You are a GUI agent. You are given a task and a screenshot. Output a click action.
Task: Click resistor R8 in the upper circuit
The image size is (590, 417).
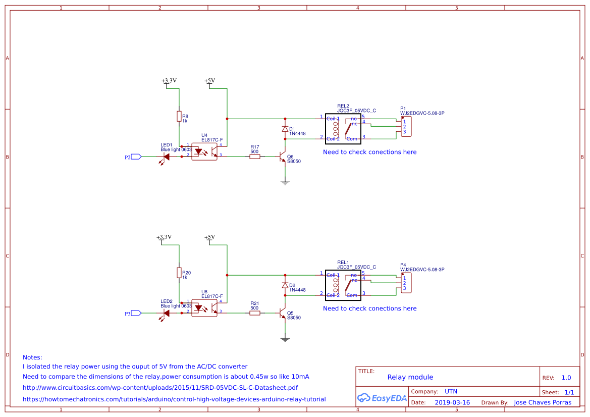tap(179, 117)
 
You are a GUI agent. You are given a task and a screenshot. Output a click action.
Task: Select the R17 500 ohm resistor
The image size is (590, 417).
tap(255, 157)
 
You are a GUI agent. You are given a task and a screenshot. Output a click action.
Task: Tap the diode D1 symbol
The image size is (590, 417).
tap(285, 129)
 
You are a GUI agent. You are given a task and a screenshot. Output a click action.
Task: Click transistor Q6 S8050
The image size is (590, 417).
tap(284, 157)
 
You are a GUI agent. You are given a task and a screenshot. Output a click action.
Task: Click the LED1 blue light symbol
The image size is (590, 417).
tap(166, 157)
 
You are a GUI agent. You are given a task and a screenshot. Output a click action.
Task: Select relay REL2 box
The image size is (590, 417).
tap(348, 128)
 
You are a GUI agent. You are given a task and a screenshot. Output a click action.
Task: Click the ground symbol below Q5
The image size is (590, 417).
tap(285, 339)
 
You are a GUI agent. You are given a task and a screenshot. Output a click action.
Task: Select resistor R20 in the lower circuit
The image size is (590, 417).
tap(179, 273)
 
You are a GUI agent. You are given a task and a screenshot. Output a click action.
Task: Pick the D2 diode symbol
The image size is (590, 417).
tap(285, 286)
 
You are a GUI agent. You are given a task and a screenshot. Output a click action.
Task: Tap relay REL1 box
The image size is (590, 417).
tap(348, 285)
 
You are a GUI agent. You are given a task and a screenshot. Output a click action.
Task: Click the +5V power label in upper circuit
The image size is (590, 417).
tap(209, 81)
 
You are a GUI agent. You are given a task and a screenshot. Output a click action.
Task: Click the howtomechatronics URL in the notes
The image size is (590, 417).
tap(174, 399)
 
